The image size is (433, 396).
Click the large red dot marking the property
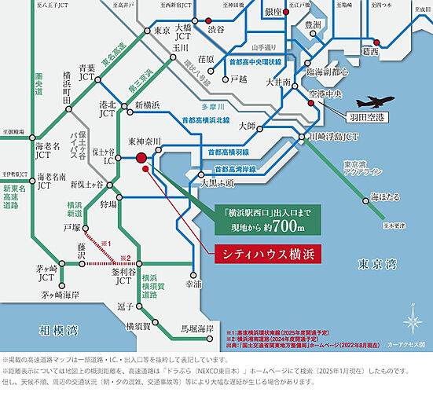coord(141,158)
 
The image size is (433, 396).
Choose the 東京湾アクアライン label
coord(359,170)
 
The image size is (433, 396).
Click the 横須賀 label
coord(139,324)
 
